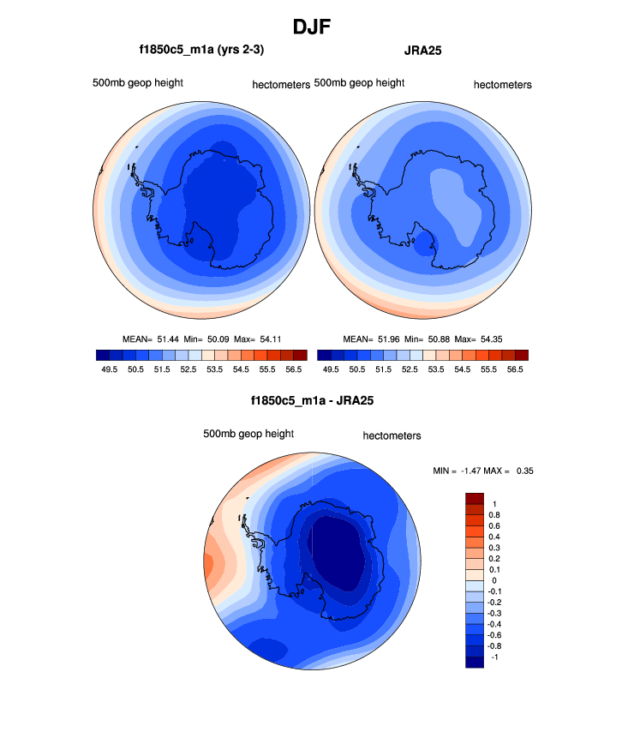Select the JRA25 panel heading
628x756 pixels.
(x=422, y=51)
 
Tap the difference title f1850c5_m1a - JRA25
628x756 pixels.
(x=312, y=399)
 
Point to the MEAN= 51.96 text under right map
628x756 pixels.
(x=371, y=339)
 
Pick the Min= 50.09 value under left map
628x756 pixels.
(x=211, y=339)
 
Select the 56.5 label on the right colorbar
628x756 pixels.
(x=515, y=369)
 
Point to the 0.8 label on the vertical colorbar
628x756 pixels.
(x=494, y=514)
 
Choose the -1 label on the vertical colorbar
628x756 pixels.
(x=493, y=656)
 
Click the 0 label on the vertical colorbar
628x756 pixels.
(x=494, y=580)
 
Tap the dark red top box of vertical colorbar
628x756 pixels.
(x=475, y=498)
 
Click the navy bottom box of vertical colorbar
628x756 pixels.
(x=475, y=661)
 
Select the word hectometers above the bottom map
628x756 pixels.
(x=392, y=435)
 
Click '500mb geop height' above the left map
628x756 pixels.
(x=138, y=83)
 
